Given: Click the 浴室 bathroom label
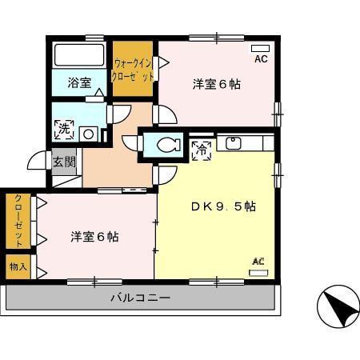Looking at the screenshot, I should [x=78, y=82].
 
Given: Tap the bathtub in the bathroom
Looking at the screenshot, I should [x=78, y=56].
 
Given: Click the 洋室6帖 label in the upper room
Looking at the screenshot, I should [x=216, y=83].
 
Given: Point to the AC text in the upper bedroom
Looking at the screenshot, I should [x=261, y=59].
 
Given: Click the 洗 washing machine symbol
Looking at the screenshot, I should [x=62, y=126].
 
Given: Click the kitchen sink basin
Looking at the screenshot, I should [x=234, y=144].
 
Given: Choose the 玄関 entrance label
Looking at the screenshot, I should [x=64, y=162].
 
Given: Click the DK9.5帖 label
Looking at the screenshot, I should [x=222, y=206].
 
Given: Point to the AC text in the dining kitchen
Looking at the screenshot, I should [x=258, y=261].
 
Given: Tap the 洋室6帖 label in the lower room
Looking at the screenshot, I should [x=94, y=237].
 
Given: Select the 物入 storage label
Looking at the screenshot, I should [x=18, y=266].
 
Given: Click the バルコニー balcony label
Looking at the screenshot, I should [x=140, y=298].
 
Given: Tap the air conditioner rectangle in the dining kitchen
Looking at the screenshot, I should [x=258, y=272].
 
